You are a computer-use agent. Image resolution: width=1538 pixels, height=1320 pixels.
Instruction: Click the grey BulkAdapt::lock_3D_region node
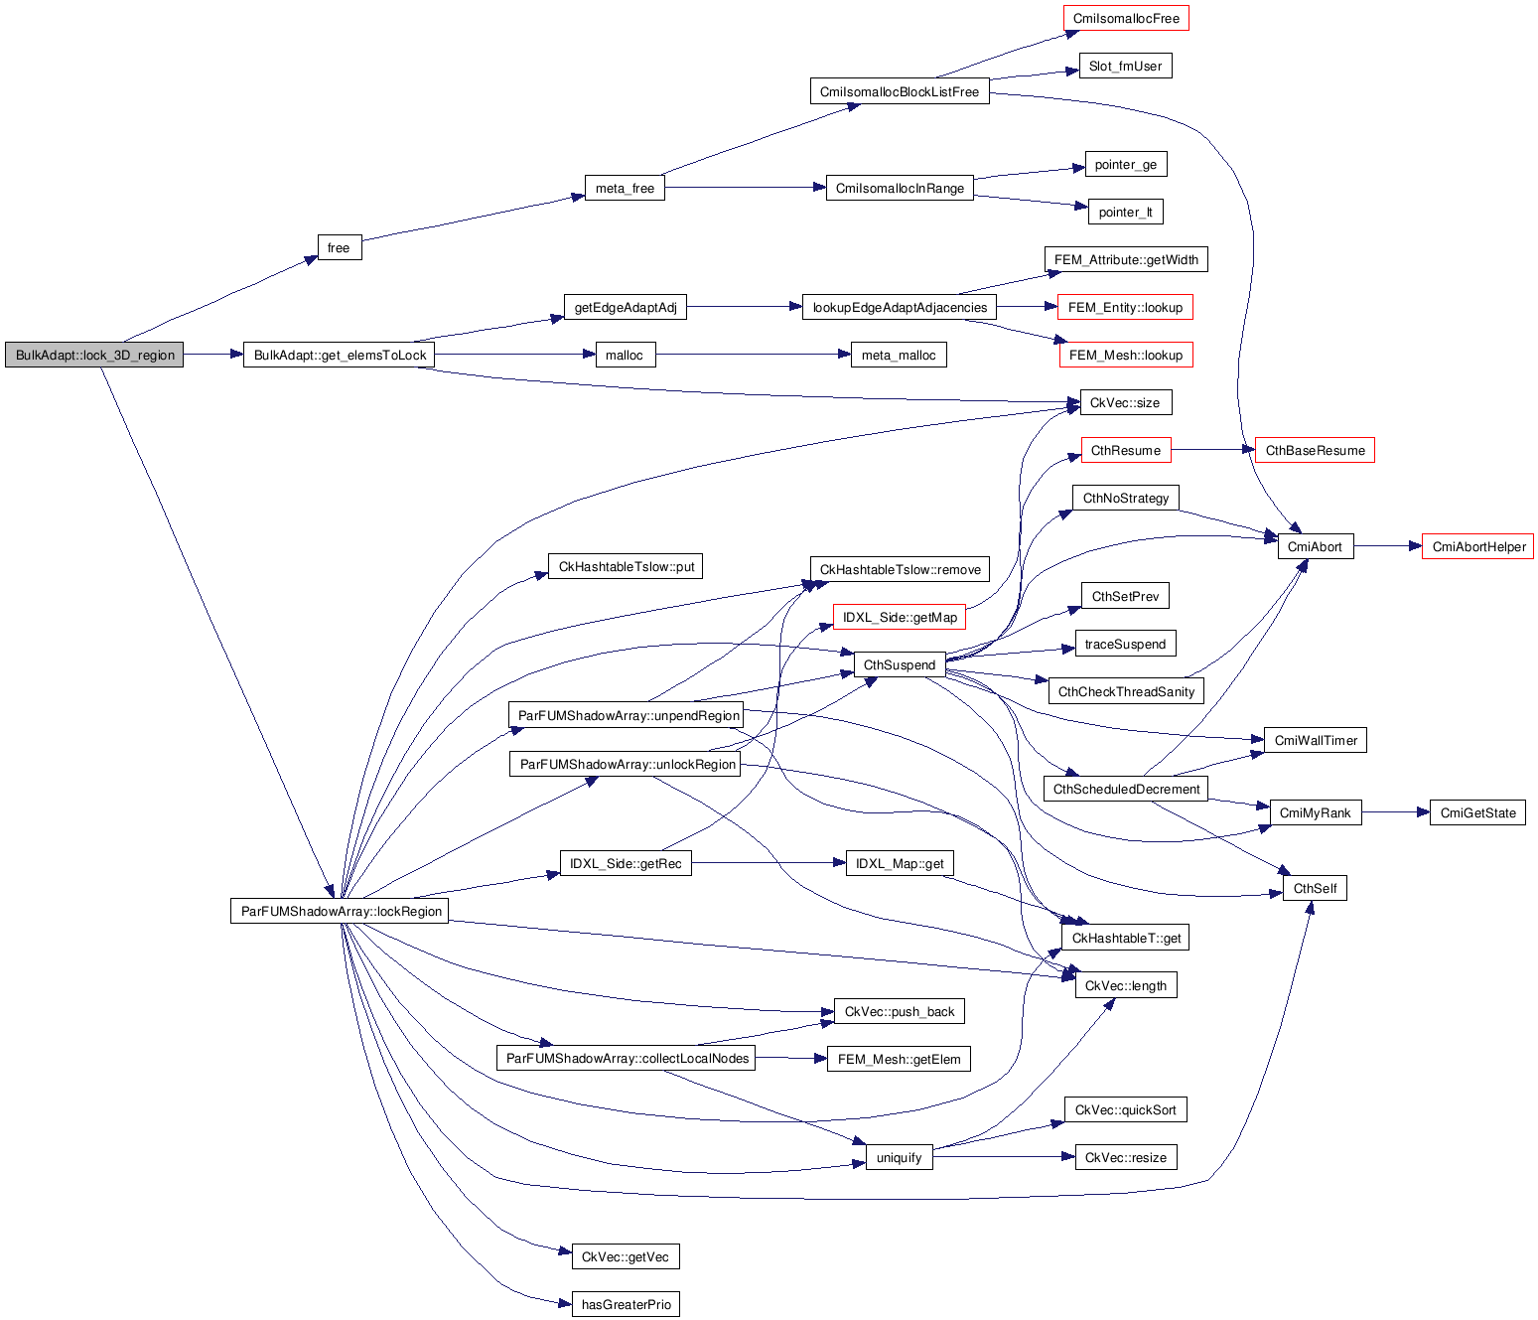[x=94, y=356]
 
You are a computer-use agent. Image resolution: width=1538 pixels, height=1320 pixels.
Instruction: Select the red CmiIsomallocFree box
[x=1126, y=19]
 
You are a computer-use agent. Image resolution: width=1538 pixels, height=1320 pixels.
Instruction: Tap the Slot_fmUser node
[x=1125, y=67]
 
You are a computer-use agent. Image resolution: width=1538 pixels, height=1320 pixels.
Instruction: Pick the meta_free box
[x=625, y=189]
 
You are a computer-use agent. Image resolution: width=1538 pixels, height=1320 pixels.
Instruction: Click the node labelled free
[x=339, y=248]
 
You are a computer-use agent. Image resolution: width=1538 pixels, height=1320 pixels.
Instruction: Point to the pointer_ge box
[x=1125, y=165]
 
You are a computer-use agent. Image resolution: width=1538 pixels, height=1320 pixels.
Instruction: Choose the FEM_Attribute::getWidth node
[x=1126, y=260]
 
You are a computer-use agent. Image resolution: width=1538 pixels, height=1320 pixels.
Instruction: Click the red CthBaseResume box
[x=1315, y=451]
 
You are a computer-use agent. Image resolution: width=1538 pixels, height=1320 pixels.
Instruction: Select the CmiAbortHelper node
[x=1477, y=547]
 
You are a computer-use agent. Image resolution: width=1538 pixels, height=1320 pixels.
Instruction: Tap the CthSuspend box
[x=899, y=665]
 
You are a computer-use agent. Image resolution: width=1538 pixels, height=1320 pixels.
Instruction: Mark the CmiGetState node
[x=1477, y=813]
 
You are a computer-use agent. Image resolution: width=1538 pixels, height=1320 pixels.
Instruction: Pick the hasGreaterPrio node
[x=626, y=1305]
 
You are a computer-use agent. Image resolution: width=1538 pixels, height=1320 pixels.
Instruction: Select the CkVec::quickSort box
[x=1125, y=1110]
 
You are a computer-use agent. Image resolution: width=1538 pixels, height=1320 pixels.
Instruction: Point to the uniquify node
[x=899, y=1158]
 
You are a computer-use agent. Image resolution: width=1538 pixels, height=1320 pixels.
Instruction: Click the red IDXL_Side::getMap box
[x=900, y=618]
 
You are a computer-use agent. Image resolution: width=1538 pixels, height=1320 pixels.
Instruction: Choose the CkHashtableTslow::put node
[x=626, y=567]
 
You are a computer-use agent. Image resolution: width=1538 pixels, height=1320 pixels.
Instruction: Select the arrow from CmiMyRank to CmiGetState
[x=1395, y=812]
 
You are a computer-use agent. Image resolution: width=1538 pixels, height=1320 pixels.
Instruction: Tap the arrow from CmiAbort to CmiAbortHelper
[x=1387, y=546]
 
